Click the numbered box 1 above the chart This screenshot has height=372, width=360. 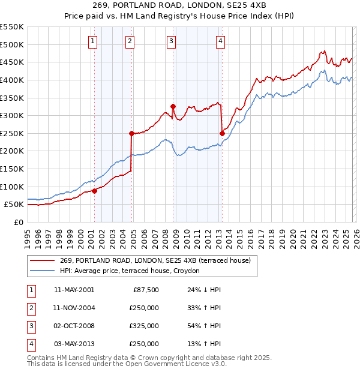[x=94, y=41]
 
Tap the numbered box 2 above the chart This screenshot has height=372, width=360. [x=130, y=41]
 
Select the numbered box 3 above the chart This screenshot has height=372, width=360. [x=172, y=41]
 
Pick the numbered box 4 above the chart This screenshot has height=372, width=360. [x=221, y=41]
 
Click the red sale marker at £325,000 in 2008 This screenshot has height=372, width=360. [x=173, y=107]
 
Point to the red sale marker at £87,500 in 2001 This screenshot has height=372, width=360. [x=94, y=191]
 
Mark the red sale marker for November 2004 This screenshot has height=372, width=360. [x=131, y=133]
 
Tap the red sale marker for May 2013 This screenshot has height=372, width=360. [x=222, y=133]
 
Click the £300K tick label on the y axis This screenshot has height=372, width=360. [x=12, y=115]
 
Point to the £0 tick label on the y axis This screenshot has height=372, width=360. [x=17, y=222]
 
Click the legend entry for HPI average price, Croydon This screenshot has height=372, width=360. [x=134, y=271]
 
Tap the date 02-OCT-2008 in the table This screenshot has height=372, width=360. [x=74, y=326]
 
